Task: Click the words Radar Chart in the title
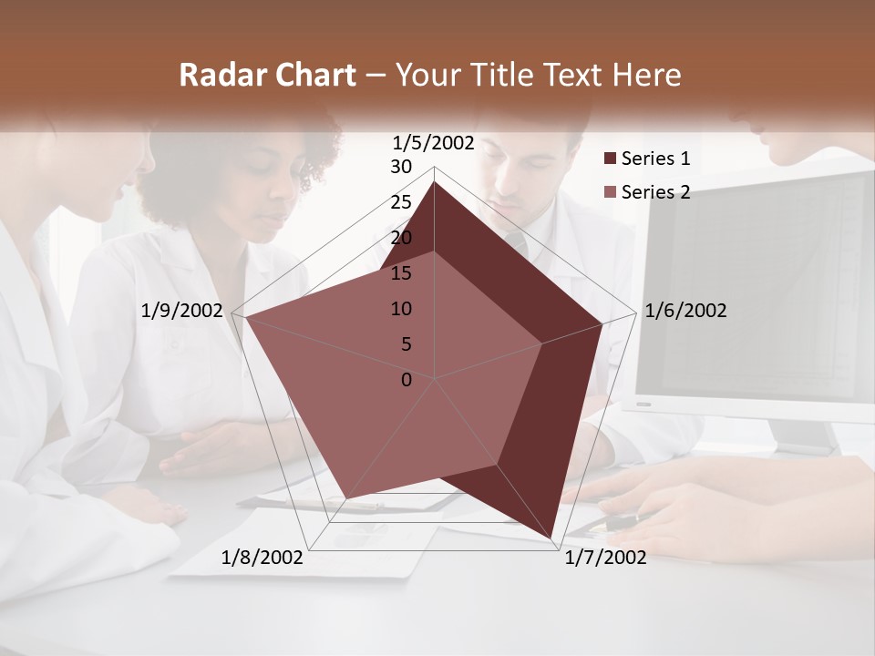tap(267, 76)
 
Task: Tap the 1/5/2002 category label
tap(433, 142)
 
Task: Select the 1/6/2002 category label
tap(685, 311)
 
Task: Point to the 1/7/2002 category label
tap(605, 558)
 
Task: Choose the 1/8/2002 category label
tap(262, 558)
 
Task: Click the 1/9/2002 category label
tap(182, 311)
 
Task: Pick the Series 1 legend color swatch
tap(610, 159)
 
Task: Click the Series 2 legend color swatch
tap(610, 193)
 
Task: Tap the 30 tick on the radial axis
tap(401, 167)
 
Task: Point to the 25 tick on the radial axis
tap(401, 202)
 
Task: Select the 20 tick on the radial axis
tap(401, 238)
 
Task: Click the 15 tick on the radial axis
tap(401, 273)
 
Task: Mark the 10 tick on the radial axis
tap(401, 309)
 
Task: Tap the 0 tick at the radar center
tap(407, 380)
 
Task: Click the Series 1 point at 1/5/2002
tap(434, 181)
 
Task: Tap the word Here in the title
tap(647, 76)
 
